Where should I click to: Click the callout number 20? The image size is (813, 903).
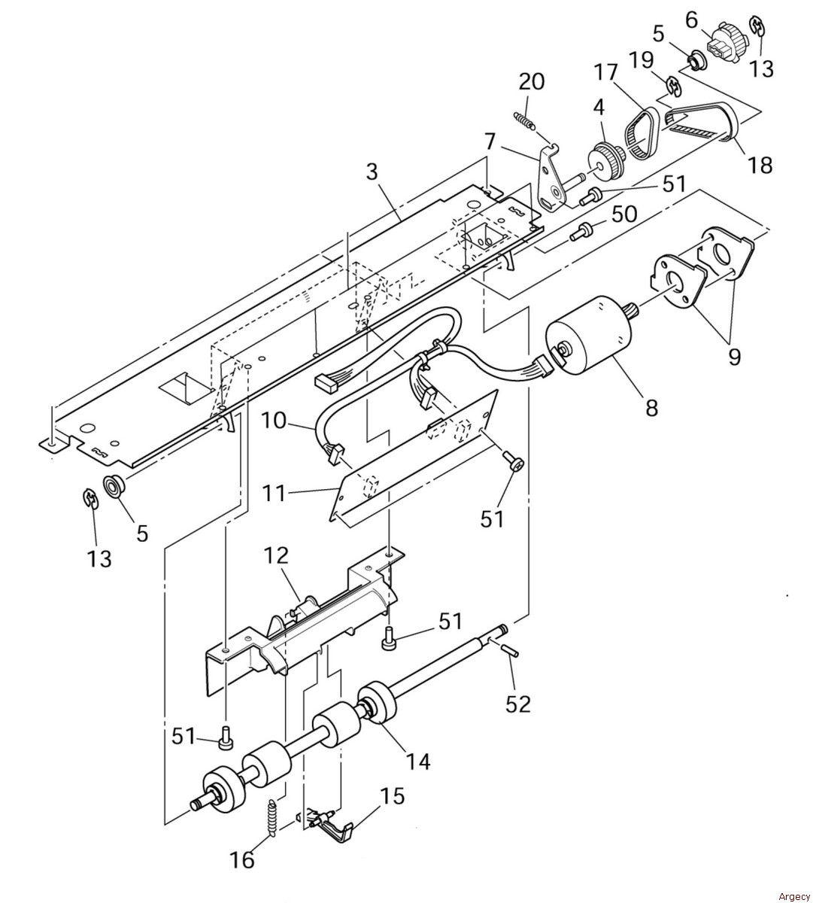[531, 81]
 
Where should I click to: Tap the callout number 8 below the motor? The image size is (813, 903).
[651, 407]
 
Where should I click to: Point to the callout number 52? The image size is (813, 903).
[518, 704]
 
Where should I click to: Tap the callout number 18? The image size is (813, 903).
[760, 164]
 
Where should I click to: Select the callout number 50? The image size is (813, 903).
[623, 214]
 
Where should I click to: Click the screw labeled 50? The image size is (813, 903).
[580, 233]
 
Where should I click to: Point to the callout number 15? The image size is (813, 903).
[391, 795]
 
